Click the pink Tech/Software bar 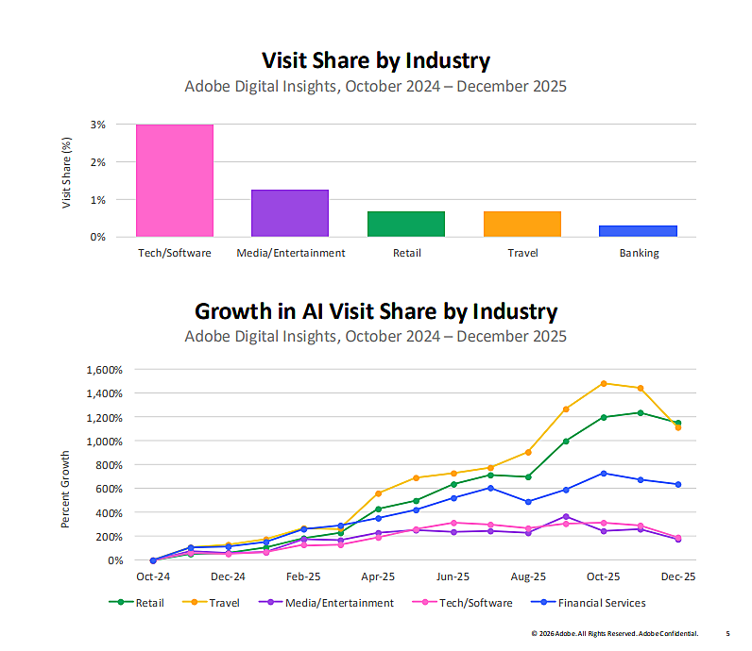(x=175, y=180)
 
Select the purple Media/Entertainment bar (x=290, y=213)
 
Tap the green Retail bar (x=406, y=224)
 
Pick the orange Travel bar (x=522, y=224)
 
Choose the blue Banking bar (x=639, y=231)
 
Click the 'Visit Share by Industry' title (x=376, y=61)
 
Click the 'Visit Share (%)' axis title (x=67, y=173)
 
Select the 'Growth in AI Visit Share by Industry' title (x=376, y=311)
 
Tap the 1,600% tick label (x=105, y=369)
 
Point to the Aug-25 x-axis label (x=528, y=576)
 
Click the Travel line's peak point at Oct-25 (x=604, y=383)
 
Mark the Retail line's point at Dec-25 (x=678, y=423)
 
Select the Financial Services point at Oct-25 (x=604, y=473)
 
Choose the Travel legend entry (x=220, y=603)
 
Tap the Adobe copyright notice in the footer (x=614, y=633)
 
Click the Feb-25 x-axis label (x=303, y=576)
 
